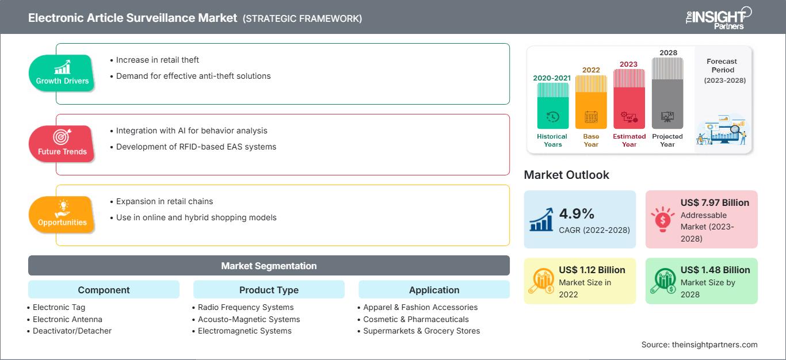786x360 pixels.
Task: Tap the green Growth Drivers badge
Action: click(x=62, y=73)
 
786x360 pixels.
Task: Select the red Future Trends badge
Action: click(x=62, y=144)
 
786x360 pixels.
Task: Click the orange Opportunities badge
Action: click(x=62, y=215)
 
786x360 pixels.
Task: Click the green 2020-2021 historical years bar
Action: click(x=552, y=106)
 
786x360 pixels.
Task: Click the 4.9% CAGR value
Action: click(x=577, y=214)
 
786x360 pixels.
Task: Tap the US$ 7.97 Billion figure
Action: click(x=715, y=202)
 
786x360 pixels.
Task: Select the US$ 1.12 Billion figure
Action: click(x=592, y=270)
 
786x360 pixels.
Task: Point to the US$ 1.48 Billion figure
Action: click(x=715, y=270)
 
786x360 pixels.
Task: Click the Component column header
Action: click(x=104, y=290)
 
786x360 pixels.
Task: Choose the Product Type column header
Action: click(x=269, y=290)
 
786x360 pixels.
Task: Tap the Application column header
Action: click(x=434, y=290)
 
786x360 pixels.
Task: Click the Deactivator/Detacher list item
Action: click(x=72, y=331)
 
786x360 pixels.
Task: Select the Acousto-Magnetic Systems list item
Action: click(x=249, y=319)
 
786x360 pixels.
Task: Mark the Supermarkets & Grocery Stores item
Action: click(x=421, y=331)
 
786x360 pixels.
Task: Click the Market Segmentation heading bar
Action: click(x=269, y=266)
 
